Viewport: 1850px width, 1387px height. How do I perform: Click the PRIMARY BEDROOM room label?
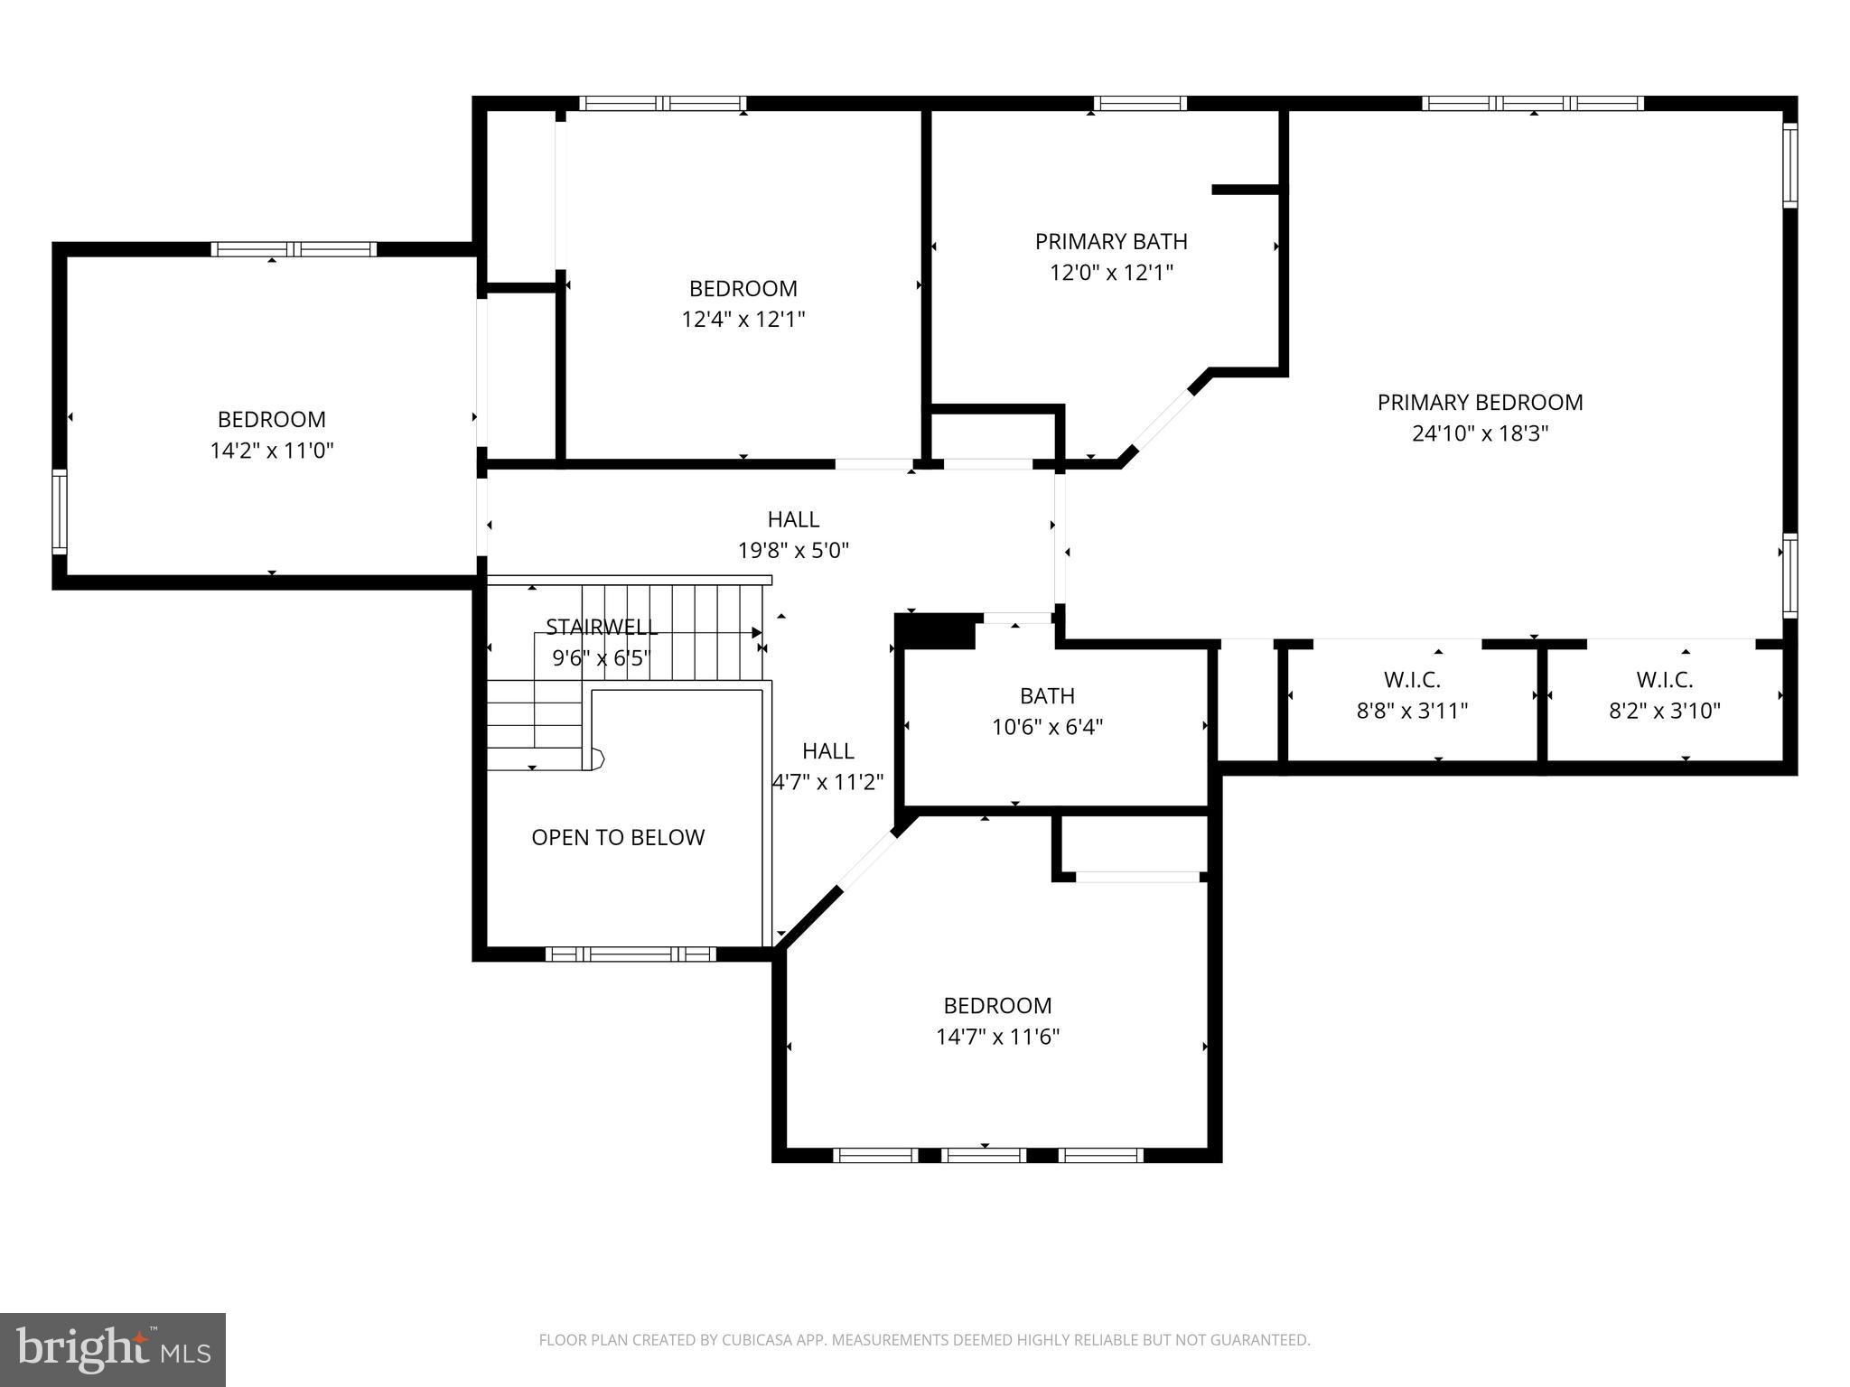coord(1480,403)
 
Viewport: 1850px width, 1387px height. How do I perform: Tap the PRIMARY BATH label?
coord(1111,242)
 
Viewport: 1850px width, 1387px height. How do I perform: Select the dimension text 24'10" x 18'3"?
coord(1480,433)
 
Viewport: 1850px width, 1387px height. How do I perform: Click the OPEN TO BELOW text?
coord(618,838)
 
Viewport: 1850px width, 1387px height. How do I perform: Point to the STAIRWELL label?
coord(602,627)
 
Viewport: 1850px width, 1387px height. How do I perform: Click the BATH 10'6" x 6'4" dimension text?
coord(1047,727)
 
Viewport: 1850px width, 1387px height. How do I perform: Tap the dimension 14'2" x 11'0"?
coord(272,451)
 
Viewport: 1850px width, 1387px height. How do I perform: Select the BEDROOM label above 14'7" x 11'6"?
coord(997,1006)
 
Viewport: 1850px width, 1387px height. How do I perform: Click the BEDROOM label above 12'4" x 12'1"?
coord(743,289)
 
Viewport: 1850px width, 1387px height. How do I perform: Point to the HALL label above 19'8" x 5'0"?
coord(793,520)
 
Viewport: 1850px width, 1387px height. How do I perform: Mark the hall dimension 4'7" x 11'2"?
coord(827,782)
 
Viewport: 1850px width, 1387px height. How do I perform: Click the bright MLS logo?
coord(113,1350)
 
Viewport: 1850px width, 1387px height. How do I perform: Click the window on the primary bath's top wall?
coord(1139,103)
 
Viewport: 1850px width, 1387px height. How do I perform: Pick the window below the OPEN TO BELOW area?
coord(631,954)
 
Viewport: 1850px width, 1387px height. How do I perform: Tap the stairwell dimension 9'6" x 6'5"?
coord(602,657)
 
